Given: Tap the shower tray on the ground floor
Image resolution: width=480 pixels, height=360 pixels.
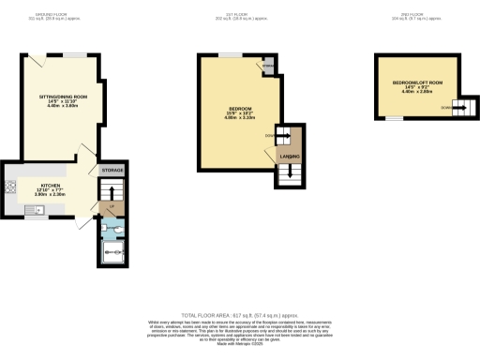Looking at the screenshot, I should (x=113, y=249).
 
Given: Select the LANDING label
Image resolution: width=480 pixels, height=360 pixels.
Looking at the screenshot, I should (x=289, y=156).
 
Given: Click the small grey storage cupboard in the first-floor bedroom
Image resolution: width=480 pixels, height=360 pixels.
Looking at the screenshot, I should (x=269, y=67).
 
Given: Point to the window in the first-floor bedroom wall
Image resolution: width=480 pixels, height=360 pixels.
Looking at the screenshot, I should (x=229, y=55).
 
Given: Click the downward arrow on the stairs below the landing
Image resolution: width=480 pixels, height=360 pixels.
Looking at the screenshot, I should (x=289, y=172).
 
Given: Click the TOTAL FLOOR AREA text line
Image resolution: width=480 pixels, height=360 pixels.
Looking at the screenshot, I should (x=239, y=316).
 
